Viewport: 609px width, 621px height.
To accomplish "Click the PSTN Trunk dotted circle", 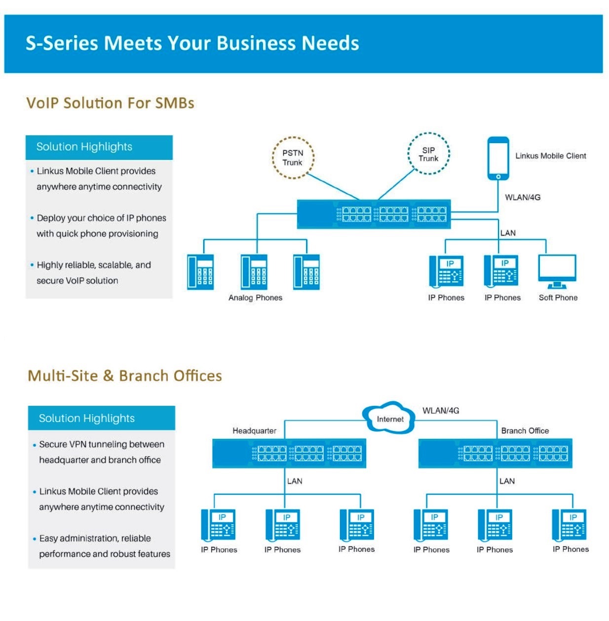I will tap(293, 157).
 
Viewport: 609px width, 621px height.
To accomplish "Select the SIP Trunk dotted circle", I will tap(428, 154).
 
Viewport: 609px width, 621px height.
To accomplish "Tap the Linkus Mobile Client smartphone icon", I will tap(498, 158).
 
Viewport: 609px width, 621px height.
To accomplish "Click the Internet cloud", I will tap(389, 418).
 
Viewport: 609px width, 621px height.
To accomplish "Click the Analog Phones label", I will tap(255, 298).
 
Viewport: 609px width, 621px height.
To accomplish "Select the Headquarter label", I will tap(254, 430).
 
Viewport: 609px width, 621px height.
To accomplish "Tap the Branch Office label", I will tap(525, 430).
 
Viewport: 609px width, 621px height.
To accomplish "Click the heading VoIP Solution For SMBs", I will tap(110, 103).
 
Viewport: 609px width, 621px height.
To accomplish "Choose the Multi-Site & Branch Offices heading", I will tap(125, 376).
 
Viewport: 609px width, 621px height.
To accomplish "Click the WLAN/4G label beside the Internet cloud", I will tap(440, 410).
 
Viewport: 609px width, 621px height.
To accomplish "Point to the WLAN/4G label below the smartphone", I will tap(522, 197).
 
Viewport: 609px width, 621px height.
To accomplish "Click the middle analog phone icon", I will tap(254, 272).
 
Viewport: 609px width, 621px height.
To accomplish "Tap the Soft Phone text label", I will tap(558, 298).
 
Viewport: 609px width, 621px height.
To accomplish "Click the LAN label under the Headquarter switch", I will tap(295, 481).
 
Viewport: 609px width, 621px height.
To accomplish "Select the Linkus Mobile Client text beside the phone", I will tap(550, 156).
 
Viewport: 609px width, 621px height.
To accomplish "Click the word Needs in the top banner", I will tap(330, 43).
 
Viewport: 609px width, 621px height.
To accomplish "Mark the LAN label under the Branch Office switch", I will tap(507, 481).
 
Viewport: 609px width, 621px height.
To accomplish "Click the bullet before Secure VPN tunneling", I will tap(34, 445).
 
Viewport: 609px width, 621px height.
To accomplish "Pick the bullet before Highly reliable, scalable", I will tap(32, 265).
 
